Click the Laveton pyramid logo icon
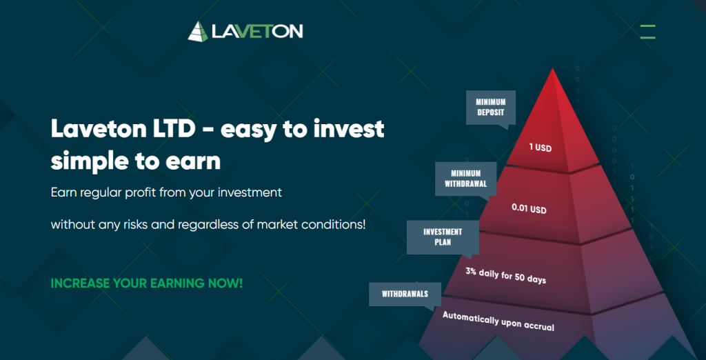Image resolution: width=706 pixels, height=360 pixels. click(198, 32)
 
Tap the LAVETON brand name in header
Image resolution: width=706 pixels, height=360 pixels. click(257, 32)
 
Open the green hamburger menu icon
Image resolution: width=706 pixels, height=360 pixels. click(647, 32)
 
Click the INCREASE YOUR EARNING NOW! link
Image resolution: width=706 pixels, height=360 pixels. click(147, 283)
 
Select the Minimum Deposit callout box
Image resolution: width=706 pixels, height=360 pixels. click(491, 108)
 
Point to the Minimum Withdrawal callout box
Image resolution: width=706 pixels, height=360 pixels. click(465, 179)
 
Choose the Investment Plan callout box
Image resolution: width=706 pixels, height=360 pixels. click(443, 237)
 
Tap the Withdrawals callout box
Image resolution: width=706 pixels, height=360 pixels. click(405, 294)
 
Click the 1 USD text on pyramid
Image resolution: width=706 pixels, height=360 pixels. click(541, 148)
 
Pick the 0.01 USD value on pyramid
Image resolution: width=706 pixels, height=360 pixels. click(529, 208)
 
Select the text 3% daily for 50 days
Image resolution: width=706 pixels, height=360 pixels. click(505, 275)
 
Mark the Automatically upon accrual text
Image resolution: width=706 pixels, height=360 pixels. click(498, 321)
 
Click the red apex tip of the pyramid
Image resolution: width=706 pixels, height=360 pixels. click(552, 68)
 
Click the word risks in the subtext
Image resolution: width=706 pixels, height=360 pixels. click(134, 224)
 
